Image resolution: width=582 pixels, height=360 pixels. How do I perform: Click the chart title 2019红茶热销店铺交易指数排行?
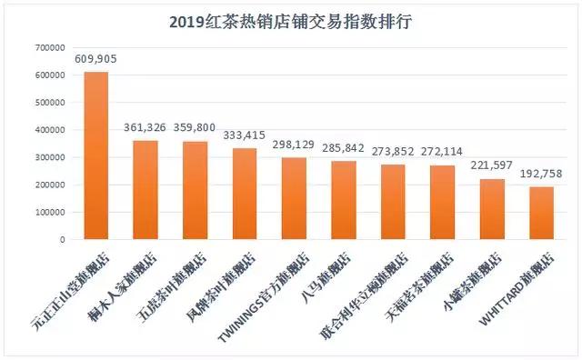coord(290,21)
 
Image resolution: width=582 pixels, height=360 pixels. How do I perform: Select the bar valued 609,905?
coord(96,155)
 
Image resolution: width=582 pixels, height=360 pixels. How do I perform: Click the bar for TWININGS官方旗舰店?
coord(294,199)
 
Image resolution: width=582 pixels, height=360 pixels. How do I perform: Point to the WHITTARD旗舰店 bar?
coord(541,214)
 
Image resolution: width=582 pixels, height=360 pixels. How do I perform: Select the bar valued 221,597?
coord(492,210)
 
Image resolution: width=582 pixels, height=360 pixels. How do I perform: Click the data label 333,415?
coord(245,135)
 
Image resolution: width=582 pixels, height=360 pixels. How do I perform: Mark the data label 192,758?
coord(541,174)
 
